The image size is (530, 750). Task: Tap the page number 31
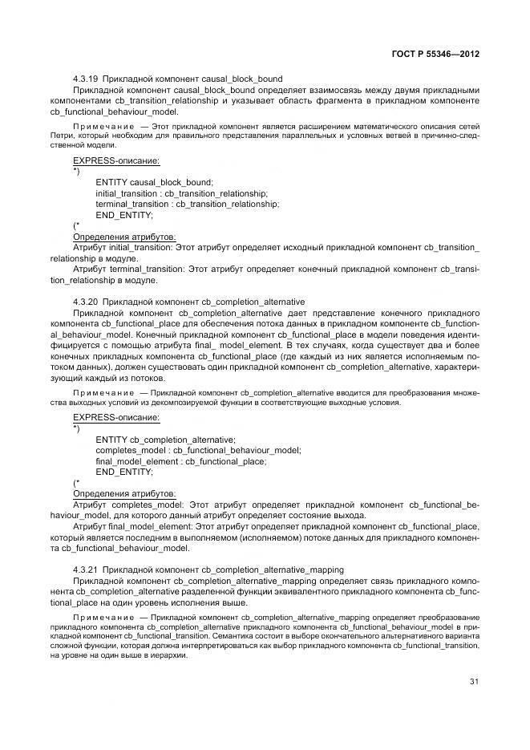click(474, 682)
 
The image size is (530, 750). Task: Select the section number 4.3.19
click(85, 79)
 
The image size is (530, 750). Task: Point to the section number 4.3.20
click(85, 301)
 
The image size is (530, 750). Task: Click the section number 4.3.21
click(85, 568)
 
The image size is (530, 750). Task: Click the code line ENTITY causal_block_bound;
click(154, 182)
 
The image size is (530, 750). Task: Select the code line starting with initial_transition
click(181, 193)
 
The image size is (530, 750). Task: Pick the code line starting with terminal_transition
click(187, 205)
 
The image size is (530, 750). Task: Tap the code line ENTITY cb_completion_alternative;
click(165, 439)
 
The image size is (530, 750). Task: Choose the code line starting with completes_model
click(198, 450)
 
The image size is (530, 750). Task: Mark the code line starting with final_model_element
click(180, 461)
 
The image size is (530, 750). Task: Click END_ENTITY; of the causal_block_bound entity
click(123, 216)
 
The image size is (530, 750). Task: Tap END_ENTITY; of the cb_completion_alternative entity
click(123, 472)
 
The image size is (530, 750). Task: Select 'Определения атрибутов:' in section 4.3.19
click(123, 237)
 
